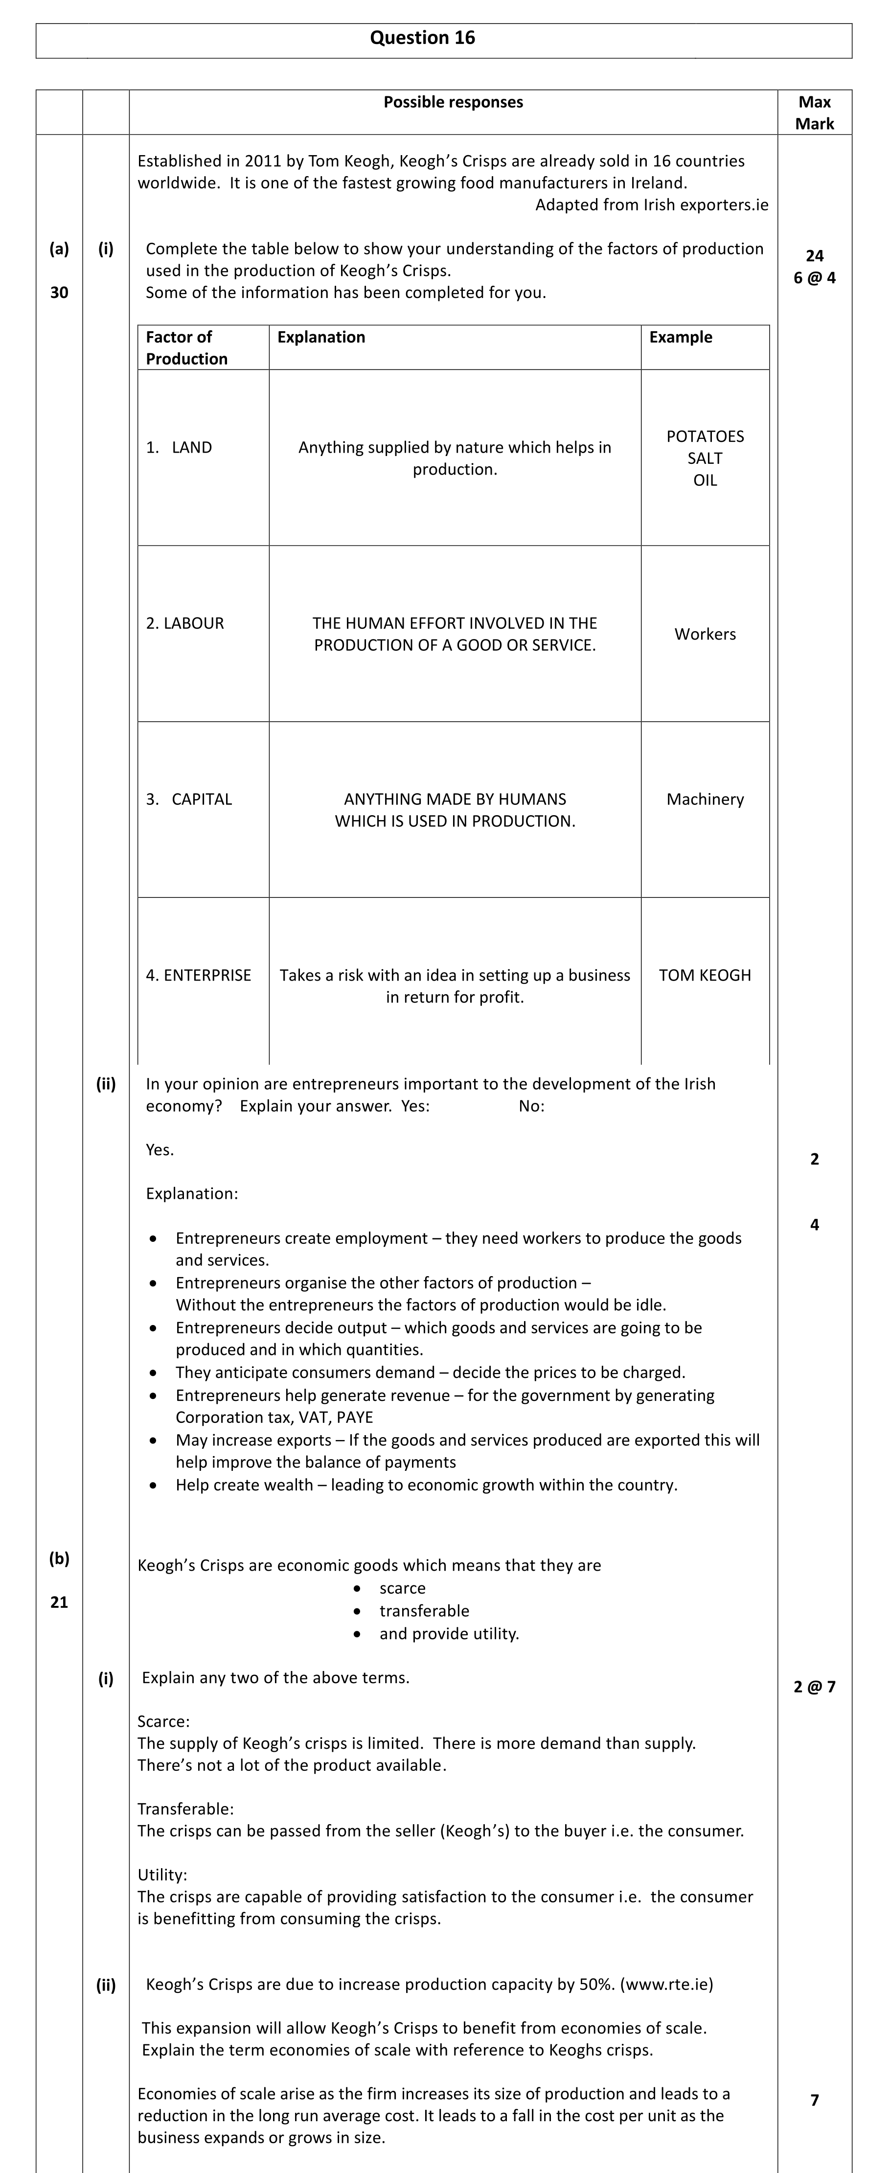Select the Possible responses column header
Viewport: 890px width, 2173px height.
pos(453,102)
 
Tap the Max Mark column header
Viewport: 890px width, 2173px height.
pos(814,112)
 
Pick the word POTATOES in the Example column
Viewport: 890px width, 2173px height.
pos(705,436)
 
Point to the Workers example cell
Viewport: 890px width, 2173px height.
pos(705,634)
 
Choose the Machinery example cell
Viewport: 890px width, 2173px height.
pos(705,800)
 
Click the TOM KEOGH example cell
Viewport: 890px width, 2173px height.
pos(705,975)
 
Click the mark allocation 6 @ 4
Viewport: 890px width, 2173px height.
pos(814,277)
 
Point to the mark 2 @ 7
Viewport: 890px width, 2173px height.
pos(814,1686)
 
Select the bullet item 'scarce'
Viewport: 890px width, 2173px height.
pos(402,1588)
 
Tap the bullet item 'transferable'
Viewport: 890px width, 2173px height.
pos(424,1611)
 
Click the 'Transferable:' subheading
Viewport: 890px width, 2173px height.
pos(185,1808)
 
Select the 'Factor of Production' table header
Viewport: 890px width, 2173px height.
pos(186,347)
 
